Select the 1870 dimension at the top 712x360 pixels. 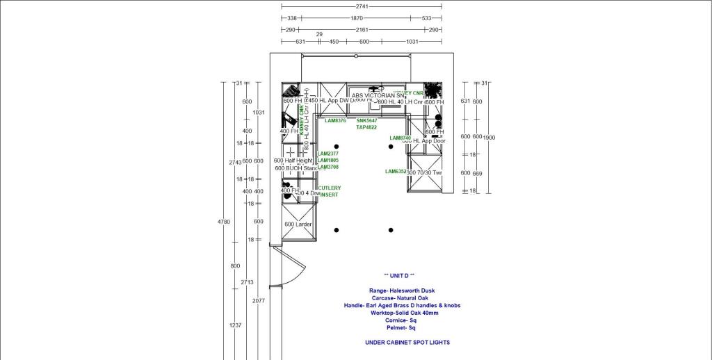357,18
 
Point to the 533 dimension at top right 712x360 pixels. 426,18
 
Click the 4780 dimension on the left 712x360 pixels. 223,222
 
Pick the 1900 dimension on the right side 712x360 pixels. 489,137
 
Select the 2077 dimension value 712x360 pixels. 259,301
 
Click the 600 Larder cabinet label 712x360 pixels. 298,224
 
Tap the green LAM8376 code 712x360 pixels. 335,121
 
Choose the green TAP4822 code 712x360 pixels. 366,128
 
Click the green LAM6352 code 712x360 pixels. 396,172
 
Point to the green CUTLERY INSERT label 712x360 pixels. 330,191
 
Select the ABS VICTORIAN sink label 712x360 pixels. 378,96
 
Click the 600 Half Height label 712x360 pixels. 298,161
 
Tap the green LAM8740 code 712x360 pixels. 400,138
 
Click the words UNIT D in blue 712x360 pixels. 398,276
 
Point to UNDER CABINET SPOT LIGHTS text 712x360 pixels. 407,343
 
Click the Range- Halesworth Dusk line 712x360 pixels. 403,291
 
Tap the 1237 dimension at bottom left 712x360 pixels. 235,325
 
